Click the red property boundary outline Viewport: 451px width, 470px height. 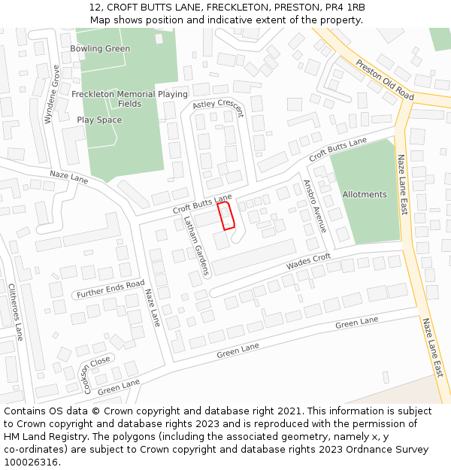pos(226,215)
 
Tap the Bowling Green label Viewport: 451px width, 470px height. pos(100,49)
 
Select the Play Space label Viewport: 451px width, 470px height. pos(99,120)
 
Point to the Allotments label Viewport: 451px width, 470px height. pos(365,194)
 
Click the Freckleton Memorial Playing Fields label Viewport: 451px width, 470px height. pos(129,99)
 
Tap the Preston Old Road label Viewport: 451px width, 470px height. pos(385,80)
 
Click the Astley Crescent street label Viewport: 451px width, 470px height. pos(219,109)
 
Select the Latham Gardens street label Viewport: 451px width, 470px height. pos(195,245)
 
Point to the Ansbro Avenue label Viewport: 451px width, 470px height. pos(315,205)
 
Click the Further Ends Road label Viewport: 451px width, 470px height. pos(110,290)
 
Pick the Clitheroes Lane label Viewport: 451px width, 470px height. pos(16,311)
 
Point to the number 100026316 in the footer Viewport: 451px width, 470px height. pos(31,462)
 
